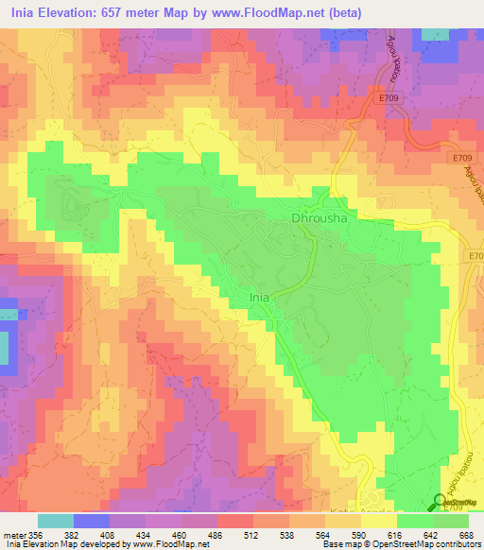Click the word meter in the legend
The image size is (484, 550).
point(13,534)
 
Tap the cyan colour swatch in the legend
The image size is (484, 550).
point(56,521)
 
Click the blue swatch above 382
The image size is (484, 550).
point(92,521)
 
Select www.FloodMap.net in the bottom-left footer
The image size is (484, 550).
point(175,544)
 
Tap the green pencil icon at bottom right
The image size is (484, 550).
point(441,503)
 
